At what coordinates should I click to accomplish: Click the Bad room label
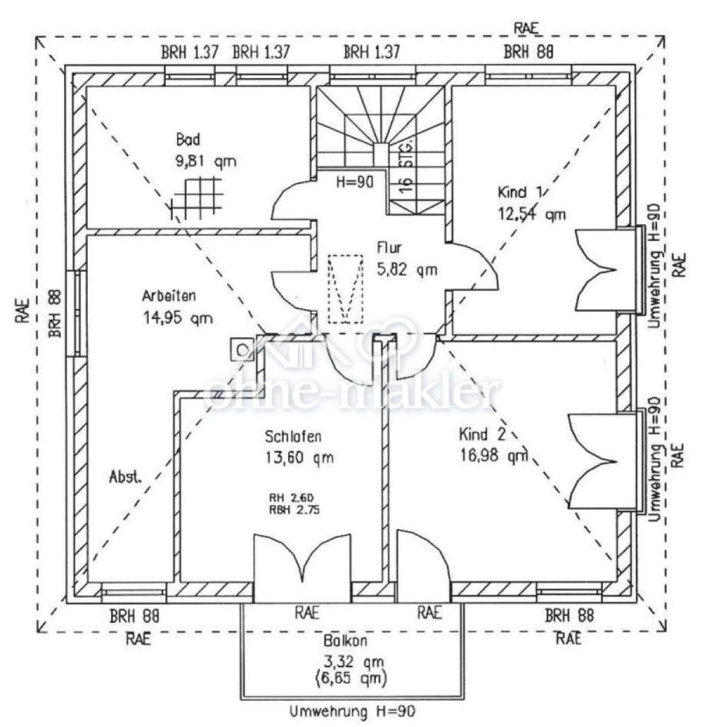[x=188, y=140]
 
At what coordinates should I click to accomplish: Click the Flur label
[x=390, y=248]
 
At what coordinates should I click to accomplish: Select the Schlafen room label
[x=293, y=435]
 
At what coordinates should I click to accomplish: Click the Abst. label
[x=125, y=477]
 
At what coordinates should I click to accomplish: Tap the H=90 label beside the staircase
[x=355, y=182]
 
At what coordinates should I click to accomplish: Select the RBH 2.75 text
[x=293, y=510]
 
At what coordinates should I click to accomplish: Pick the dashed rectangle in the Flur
[x=346, y=288]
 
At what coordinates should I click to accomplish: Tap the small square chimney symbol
[x=242, y=349]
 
